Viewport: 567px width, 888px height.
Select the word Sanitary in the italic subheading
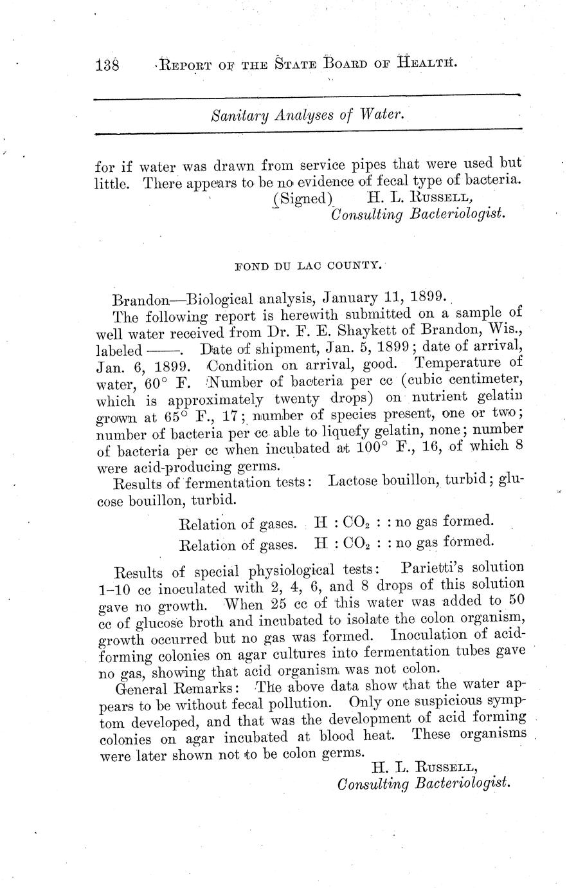[x=238, y=116]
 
